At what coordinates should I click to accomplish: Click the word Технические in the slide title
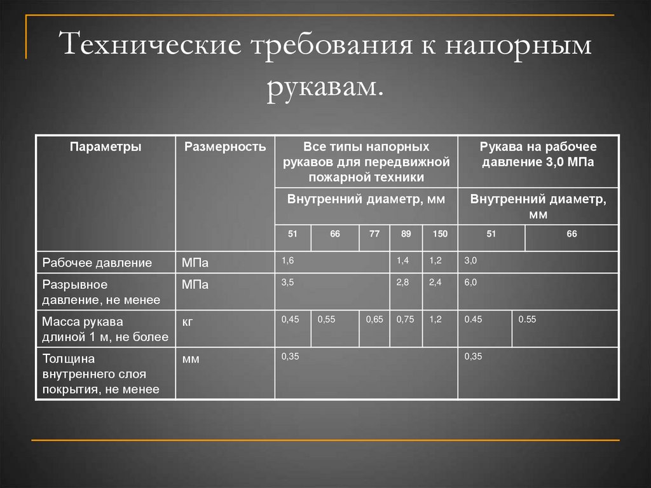point(152,47)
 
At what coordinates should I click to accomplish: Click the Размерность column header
point(225,147)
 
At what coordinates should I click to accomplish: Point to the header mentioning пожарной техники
point(366,162)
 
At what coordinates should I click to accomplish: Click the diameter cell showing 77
point(374,234)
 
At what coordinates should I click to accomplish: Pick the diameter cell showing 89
point(406,234)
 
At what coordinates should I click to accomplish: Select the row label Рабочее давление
point(97,262)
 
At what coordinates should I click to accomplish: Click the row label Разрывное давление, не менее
point(101,291)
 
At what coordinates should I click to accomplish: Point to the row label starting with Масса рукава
point(105,328)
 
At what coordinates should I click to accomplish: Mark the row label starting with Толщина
point(100,373)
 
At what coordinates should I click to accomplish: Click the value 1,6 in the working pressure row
point(288,261)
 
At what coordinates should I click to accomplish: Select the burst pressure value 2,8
point(402,282)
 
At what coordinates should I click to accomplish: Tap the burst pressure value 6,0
point(470,282)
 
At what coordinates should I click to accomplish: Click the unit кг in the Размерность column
point(188,321)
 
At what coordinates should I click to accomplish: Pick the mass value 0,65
point(374,319)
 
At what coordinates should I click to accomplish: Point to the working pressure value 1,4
point(402,261)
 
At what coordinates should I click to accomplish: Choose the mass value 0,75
point(405,319)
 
